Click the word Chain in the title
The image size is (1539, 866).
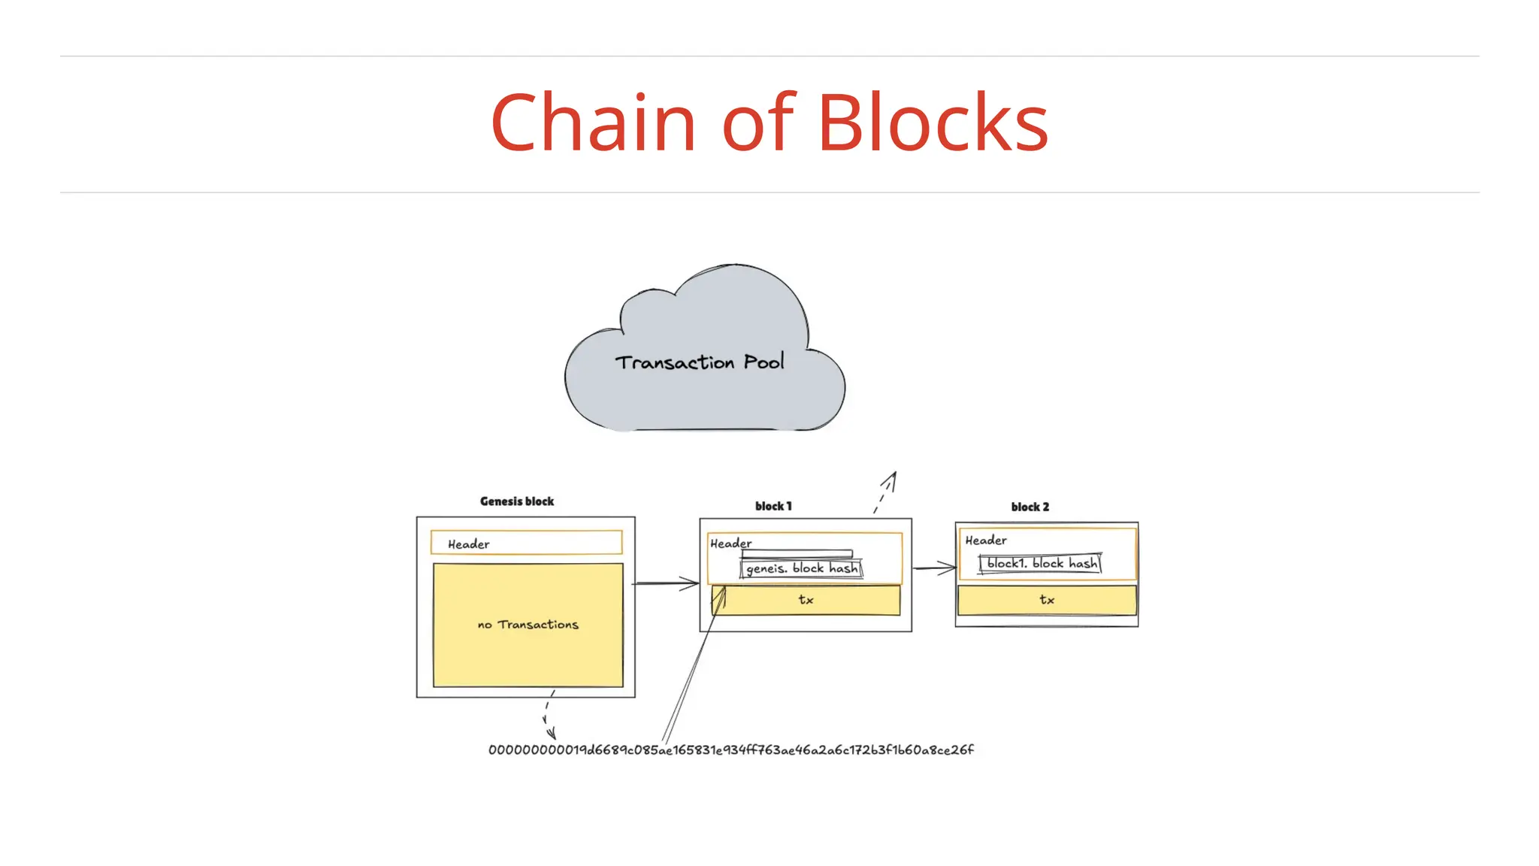tap(593, 123)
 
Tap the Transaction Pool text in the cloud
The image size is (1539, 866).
tap(700, 362)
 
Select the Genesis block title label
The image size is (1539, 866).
tap(517, 501)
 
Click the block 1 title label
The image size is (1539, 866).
tap(773, 507)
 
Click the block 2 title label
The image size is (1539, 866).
tap(1030, 507)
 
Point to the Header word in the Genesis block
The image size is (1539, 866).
tap(468, 544)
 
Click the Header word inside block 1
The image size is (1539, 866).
tap(730, 544)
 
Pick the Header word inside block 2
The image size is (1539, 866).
tap(986, 540)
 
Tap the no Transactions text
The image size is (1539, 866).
tap(528, 625)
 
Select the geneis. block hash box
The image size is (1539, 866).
tap(802, 569)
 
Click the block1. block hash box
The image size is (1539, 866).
tap(1041, 564)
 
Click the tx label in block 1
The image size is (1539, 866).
tap(806, 600)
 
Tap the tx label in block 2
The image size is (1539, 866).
tap(1047, 600)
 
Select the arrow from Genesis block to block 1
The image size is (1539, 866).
tap(667, 583)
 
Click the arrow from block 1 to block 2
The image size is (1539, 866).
tap(934, 568)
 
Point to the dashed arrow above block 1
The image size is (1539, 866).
tap(885, 492)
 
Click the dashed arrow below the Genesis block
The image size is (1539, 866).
tap(548, 715)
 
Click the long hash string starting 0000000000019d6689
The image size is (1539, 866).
tap(730, 750)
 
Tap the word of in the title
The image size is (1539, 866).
tap(757, 123)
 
